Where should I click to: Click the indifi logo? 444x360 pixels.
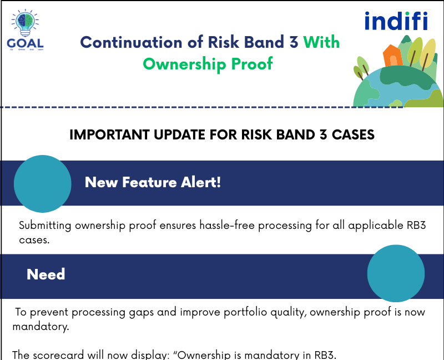coord(396,21)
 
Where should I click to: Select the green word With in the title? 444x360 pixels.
coord(321,43)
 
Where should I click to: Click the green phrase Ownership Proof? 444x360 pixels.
coord(208,64)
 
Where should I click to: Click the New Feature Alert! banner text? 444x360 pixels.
coord(153,182)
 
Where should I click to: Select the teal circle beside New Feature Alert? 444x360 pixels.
coord(42,183)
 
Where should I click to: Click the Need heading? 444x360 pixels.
coord(46,274)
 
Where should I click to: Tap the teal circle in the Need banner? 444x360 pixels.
coord(396,273)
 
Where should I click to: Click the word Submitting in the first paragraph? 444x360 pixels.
coord(46,226)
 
